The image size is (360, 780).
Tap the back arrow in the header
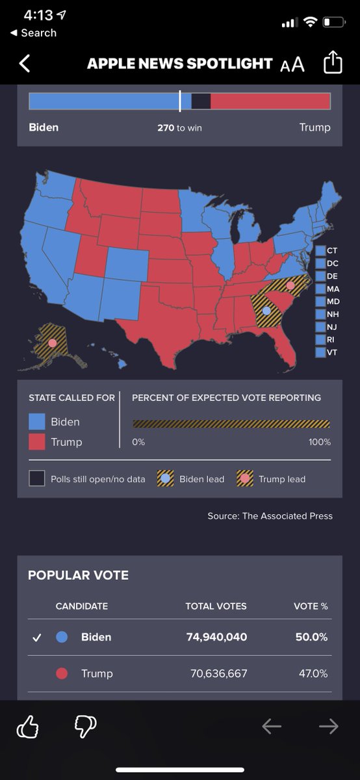coord(25,63)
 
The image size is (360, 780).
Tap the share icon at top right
coord(332,63)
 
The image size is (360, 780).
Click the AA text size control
coord(292,64)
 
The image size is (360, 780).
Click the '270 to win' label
coord(179,128)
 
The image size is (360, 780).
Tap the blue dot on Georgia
coord(266,311)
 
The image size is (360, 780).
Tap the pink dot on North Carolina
coord(290,285)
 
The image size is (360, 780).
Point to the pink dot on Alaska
coord(52,343)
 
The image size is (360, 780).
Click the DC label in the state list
coord(332,263)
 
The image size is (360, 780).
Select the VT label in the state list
coord(332,352)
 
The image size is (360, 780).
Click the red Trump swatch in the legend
coord(37,442)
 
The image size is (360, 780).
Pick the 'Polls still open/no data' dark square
coord(36,479)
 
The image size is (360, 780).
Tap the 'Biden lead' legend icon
coord(166,479)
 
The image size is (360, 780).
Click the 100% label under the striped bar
coord(319,442)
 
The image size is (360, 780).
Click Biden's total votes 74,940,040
coord(216,637)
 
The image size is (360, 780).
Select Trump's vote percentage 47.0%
coord(313,673)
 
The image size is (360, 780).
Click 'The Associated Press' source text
coord(287,515)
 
